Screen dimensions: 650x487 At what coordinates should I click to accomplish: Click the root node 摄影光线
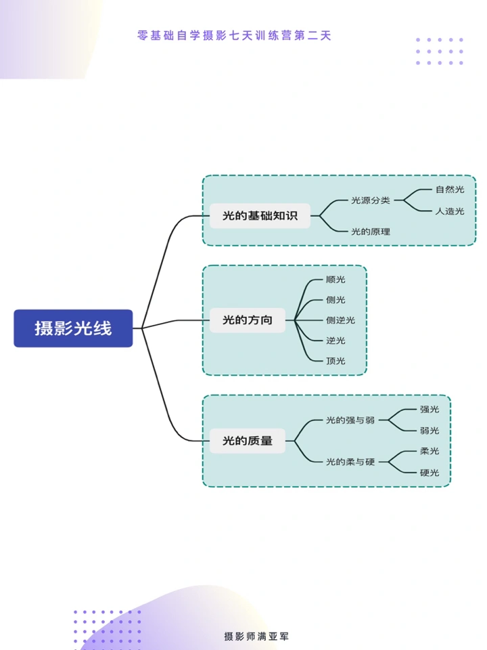click(x=73, y=328)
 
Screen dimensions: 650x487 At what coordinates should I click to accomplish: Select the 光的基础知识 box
click(x=260, y=216)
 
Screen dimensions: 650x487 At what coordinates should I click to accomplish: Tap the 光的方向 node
click(x=248, y=320)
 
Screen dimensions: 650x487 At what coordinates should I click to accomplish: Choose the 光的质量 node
click(x=248, y=441)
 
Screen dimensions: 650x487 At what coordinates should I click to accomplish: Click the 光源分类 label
click(x=371, y=200)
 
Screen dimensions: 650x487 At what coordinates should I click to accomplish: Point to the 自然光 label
click(x=450, y=190)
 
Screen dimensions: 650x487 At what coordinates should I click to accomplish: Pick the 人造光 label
click(x=450, y=211)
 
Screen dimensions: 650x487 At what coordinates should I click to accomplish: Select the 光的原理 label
click(x=371, y=232)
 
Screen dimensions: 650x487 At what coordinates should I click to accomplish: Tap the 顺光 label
click(x=335, y=279)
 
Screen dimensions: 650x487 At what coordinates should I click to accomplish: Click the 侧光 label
click(x=335, y=299)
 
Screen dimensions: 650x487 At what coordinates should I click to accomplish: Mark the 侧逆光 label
click(x=340, y=320)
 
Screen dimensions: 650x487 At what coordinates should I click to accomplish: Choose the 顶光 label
click(x=335, y=361)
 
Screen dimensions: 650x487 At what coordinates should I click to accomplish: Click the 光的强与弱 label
click(x=350, y=420)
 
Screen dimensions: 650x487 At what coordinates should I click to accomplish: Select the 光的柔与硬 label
click(x=350, y=462)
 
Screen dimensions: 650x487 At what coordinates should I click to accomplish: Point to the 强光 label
click(x=430, y=409)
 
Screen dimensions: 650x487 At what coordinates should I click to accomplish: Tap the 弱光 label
click(x=430, y=431)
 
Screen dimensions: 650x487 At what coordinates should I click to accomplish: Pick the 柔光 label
click(x=430, y=451)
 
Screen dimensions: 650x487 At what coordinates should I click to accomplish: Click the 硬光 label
click(x=430, y=473)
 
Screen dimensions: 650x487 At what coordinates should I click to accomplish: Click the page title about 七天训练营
click(x=234, y=35)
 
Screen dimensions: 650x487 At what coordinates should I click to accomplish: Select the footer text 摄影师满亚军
click(x=256, y=636)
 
